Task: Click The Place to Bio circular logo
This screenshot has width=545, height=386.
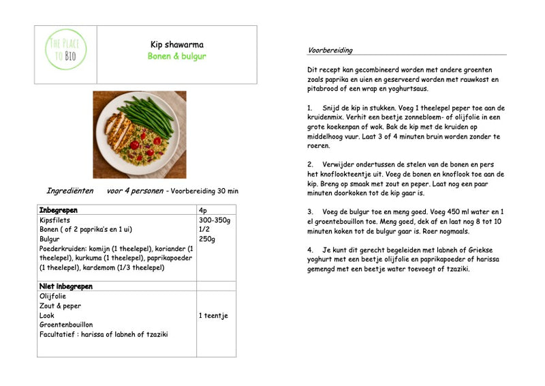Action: (65, 49)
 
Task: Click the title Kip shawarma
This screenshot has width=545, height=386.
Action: (176, 44)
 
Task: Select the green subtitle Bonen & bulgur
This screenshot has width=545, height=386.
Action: (176, 57)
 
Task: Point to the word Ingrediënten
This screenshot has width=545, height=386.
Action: (69, 191)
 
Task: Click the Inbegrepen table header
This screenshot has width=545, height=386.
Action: (59, 210)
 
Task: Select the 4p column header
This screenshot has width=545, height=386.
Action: (203, 210)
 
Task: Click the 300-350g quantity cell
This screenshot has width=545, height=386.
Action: (214, 220)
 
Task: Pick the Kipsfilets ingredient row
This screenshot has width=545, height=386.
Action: (54, 220)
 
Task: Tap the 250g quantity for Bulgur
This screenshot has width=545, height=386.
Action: (206, 239)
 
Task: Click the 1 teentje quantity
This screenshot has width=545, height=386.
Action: (213, 316)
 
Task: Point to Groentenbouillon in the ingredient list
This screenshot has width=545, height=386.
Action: (65, 325)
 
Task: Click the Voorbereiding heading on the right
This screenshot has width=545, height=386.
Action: (330, 50)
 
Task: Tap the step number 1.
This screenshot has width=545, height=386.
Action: (309, 108)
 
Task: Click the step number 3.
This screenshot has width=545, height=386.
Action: (309, 212)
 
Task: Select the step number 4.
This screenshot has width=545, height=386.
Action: (309, 250)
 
